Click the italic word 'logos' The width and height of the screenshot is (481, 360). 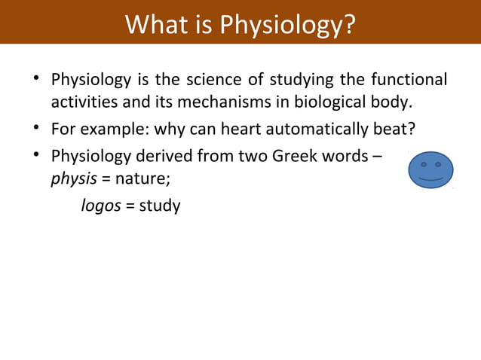click(101, 205)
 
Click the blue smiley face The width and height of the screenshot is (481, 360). click(430, 170)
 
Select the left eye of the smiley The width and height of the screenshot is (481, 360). click(424, 163)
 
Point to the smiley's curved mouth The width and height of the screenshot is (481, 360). click(430, 180)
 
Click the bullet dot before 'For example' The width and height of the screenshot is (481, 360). click(36, 129)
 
